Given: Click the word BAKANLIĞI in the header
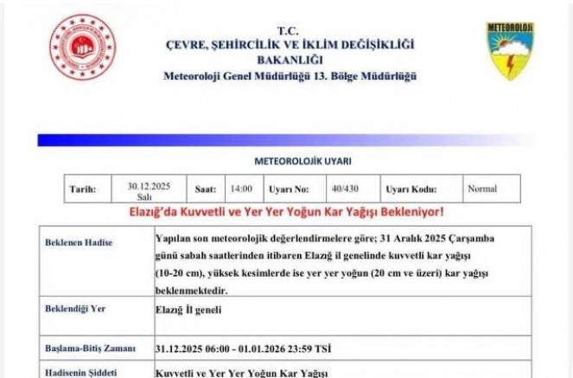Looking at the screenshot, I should [x=289, y=60].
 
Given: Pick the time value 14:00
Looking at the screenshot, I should [x=241, y=189].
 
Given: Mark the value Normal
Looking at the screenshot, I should [x=481, y=189].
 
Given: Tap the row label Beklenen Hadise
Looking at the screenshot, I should [x=79, y=243].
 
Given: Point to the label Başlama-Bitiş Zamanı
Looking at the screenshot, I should [x=90, y=348].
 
